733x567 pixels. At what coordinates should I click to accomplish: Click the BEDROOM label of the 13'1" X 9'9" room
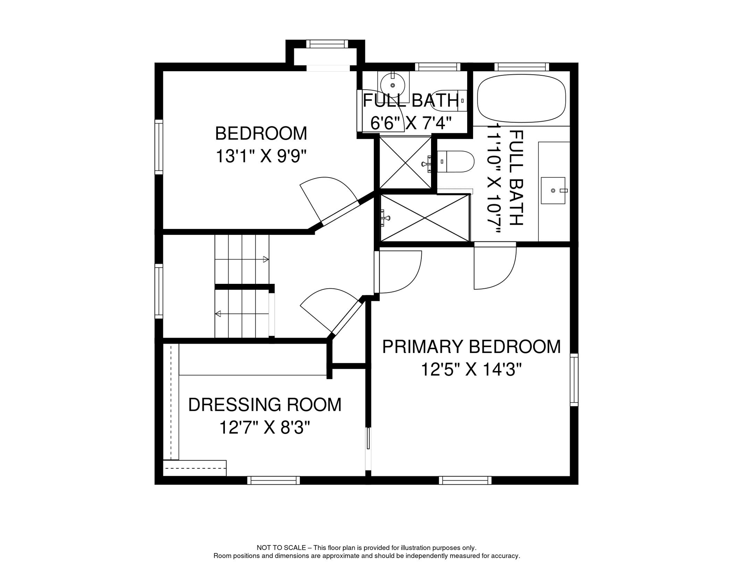[261, 134]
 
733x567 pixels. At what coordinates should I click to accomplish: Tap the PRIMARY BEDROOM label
[471, 347]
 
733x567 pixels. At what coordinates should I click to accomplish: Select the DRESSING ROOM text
[264, 405]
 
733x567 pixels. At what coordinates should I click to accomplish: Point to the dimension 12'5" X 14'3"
[471, 370]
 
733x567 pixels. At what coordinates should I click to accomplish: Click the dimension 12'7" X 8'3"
[264, 428]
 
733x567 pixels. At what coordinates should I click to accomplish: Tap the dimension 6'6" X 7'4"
[410, 123]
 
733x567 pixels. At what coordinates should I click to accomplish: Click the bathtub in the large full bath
[521, 98]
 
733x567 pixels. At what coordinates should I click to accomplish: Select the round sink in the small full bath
[393, 85]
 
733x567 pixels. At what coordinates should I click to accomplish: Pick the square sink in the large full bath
[553, 190]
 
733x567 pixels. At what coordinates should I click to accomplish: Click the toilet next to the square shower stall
[456, 162]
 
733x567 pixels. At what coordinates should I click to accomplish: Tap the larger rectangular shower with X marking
[424, 218]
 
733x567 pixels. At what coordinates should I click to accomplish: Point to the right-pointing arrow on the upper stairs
[265, 260]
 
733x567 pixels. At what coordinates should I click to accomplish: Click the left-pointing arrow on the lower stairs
[218, 314]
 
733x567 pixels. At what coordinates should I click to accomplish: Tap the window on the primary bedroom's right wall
[574, 379]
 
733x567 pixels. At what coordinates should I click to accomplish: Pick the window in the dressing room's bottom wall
[273, 480]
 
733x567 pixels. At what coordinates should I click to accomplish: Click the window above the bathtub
[521, 67]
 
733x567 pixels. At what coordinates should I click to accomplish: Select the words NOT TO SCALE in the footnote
[281, 548]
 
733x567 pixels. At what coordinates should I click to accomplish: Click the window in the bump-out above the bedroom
[327, 44]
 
